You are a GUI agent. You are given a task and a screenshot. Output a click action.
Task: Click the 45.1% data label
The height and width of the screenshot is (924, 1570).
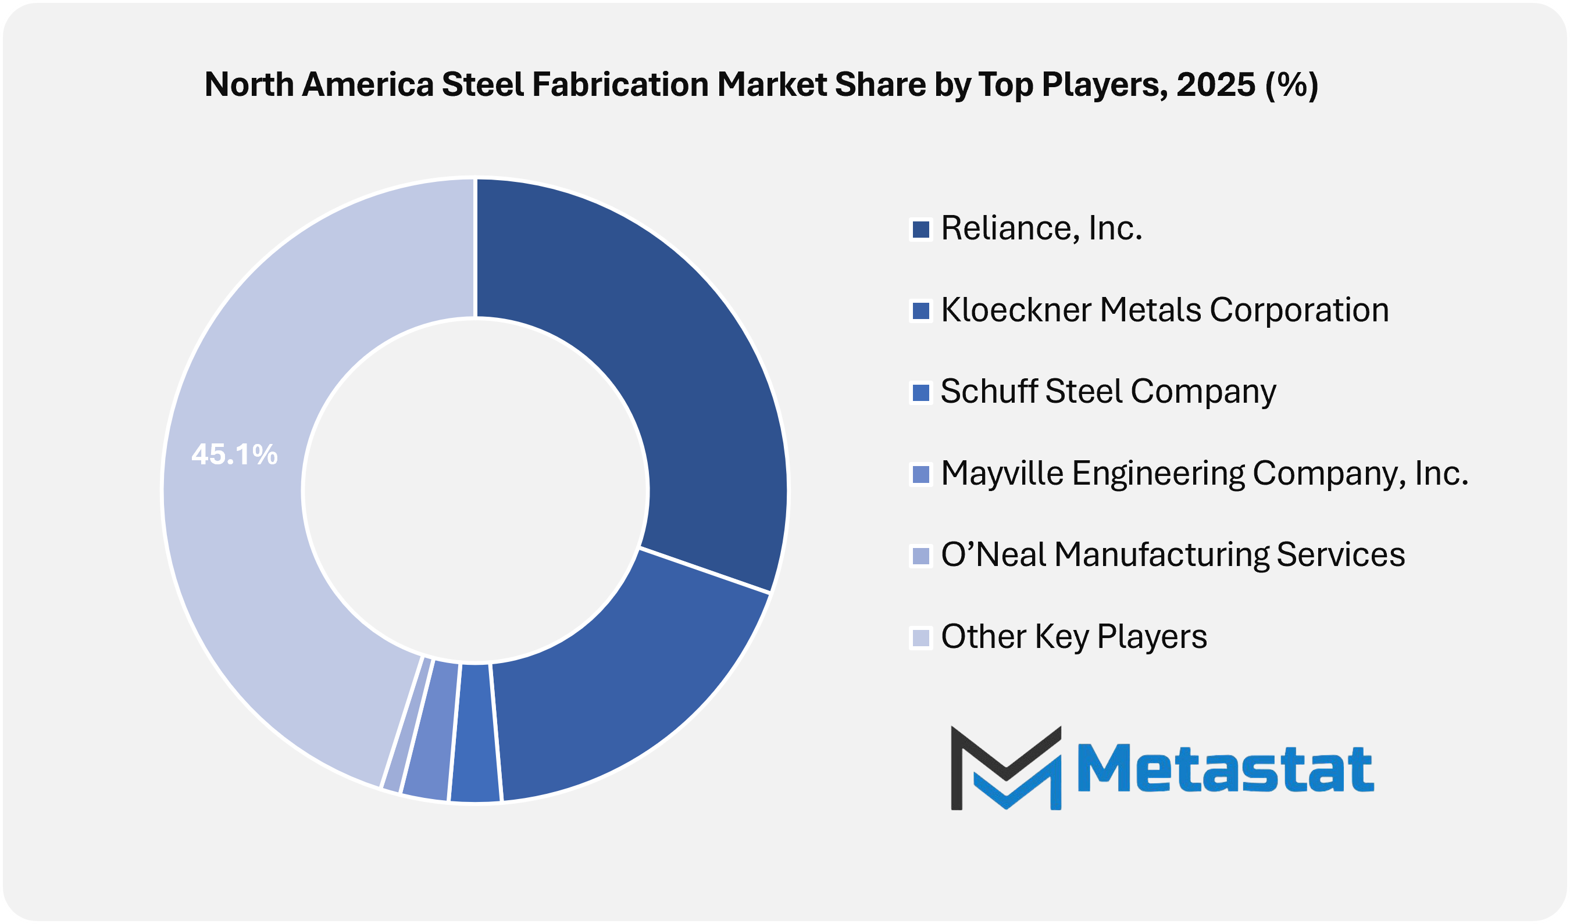tap(234, 454)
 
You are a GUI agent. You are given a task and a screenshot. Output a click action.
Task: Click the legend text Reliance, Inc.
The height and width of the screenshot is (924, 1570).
tap(1041, 228)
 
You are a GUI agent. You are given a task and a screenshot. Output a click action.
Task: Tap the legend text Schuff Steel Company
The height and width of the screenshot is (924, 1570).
tap(1108, 392)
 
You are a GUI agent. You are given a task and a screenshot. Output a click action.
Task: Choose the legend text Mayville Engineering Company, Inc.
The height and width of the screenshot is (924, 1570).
tap(1204, 473)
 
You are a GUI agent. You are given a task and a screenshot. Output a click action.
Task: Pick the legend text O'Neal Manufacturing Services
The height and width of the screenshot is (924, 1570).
tap(1172, 555)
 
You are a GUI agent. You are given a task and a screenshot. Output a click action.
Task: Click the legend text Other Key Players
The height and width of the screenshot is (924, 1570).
tap(1073, 636)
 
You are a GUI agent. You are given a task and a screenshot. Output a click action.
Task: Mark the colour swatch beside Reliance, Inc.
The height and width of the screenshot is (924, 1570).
tap(920, 229)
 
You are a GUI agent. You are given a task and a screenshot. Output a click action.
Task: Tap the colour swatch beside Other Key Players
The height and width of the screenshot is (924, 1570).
tap(920, 638)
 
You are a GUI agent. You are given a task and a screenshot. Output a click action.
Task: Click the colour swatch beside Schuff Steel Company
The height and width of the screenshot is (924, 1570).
tap(920, 392)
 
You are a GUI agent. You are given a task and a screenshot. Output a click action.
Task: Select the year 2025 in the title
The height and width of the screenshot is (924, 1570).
tap(1215, 85)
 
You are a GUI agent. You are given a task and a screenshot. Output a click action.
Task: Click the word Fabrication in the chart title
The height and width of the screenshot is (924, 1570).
tap(620, 85)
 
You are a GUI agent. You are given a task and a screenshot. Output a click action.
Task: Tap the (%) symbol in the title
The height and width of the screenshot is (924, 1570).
tap(1291, 85)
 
